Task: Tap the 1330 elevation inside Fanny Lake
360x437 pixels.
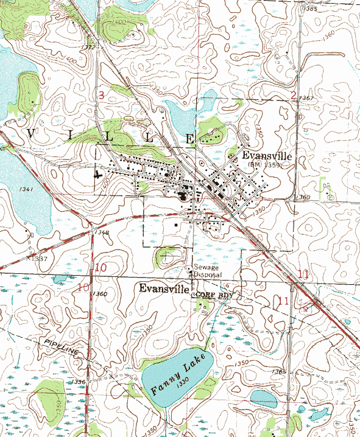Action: tap(178, 386)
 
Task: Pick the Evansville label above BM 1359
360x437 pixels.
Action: tap(267, 156)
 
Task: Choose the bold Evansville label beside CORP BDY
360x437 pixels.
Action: tap(164, 288)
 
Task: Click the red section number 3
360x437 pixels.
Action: tap(102, 94)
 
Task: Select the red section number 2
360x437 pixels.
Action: tap(293, 94)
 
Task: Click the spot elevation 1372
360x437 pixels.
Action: tap(89, 47)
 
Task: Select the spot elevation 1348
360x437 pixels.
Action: tap(102, 232)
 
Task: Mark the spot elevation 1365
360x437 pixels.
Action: tap(280, 371)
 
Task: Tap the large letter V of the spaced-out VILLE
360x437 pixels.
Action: tap(30, 134)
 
